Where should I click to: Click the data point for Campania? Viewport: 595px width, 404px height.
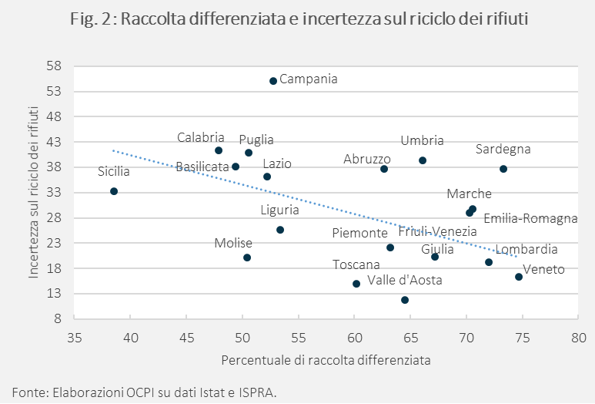[273, 81]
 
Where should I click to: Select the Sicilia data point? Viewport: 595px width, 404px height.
[114, 191]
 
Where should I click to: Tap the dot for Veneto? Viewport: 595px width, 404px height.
[519, 277]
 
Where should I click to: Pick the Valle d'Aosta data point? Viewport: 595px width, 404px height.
[405, 300]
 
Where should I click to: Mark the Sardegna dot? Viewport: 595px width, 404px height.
[503, 169]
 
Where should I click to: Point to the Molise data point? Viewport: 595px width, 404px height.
[247, 258]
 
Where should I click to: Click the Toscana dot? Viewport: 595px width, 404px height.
[356, 284]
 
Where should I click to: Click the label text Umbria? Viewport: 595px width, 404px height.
[422, 141]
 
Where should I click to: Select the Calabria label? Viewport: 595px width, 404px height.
[200, 137]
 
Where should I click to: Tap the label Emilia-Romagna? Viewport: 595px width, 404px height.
[530, 219]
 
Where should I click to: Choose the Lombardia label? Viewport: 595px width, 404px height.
[526, 250]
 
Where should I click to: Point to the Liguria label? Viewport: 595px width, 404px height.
[279, 210]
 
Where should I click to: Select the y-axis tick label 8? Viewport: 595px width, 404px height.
[57, 318]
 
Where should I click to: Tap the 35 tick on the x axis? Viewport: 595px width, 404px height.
[75, 337]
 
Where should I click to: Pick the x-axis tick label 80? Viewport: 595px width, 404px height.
[579, 337]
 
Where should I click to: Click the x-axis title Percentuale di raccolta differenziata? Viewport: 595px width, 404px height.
[326, 360]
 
